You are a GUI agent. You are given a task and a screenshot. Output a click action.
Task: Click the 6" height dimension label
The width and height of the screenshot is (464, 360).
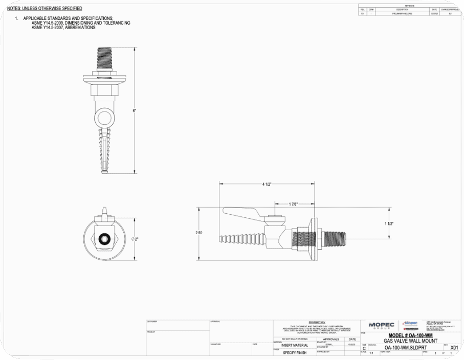134,110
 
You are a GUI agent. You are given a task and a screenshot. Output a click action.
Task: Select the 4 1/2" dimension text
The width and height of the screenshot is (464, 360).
267,184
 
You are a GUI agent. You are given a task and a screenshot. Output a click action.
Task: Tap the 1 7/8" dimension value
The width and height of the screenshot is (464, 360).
294,204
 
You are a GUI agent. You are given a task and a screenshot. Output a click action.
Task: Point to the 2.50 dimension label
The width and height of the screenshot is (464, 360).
198,233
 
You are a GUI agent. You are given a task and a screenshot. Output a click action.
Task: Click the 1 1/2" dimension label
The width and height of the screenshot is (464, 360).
389,223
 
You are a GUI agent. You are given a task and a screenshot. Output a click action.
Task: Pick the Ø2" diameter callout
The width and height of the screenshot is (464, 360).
135,239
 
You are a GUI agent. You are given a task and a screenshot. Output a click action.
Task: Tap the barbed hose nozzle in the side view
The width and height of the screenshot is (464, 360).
242,238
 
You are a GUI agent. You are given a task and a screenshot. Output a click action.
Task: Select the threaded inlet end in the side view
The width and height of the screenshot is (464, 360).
335,236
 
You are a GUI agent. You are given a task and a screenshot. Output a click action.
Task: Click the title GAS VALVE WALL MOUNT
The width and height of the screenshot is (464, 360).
410,341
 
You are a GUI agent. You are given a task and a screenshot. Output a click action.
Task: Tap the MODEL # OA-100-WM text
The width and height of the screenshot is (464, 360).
410,335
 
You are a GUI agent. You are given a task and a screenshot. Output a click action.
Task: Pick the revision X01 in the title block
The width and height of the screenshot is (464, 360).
454,348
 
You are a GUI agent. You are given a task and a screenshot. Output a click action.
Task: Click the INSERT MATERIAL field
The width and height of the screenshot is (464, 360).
295,345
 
